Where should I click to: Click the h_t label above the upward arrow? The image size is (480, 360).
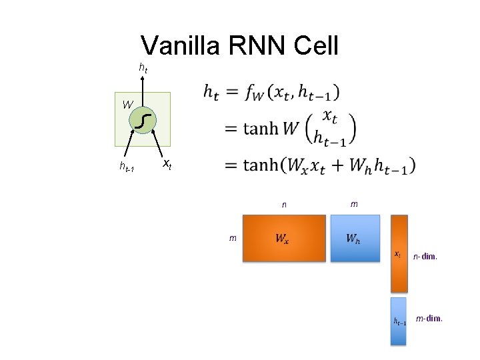(143, 67)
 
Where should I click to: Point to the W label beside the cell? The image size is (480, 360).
(127, 105)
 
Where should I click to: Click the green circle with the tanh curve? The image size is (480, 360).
(143, 120)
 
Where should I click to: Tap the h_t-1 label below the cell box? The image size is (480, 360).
(127, 167)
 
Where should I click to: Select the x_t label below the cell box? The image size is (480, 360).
(167, 163)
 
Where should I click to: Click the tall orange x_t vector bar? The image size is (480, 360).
(399, 253)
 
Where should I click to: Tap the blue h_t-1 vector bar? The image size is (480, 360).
(399, 321)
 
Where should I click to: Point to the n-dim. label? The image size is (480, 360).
(425, 255)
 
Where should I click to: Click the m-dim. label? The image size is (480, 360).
(429, 319)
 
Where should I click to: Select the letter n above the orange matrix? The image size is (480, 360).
(284, 205)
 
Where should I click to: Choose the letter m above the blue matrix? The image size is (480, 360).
(353, 203)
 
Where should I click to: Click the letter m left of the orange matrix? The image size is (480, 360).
(232, 237)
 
